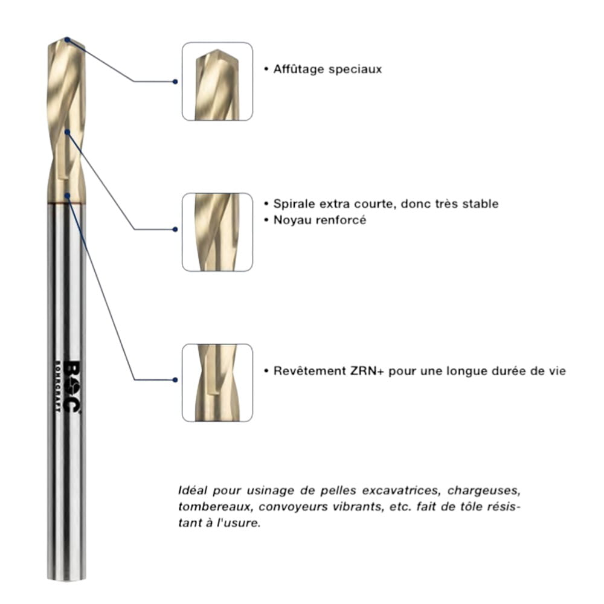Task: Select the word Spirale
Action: click(x=293, y=204)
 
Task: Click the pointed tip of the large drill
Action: click(x=67, y=39)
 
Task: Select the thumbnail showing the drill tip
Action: click(x=217, y=81)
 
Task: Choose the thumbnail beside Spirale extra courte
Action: click(x=217, y=232)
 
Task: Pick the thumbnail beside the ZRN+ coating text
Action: click(x=217, y=383)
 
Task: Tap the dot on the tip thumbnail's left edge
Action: click(x=175, y=81)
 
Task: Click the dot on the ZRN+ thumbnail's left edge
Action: click(x=175, y=380)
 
